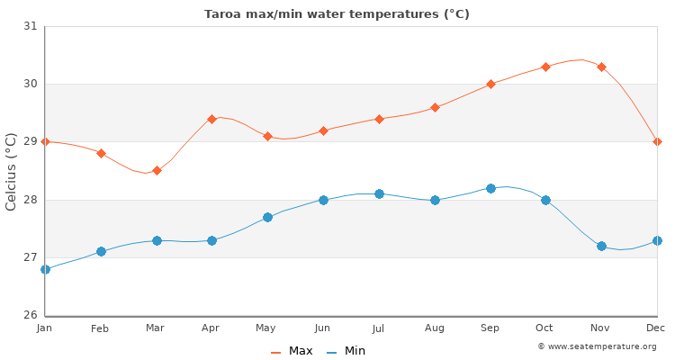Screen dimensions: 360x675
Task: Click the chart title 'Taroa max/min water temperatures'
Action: point(337,14)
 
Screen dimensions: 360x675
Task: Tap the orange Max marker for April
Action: point(211,119)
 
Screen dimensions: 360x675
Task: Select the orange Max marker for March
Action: point(157,170)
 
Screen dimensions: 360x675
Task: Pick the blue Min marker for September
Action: point(490,188)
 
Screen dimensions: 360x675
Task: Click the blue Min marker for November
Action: point(601,246)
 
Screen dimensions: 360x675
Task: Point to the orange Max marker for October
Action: point(545,67)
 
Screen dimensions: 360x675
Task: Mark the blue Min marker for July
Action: point(379,193)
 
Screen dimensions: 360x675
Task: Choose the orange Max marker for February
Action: point(101,153)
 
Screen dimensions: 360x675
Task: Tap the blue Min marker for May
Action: point(267,217)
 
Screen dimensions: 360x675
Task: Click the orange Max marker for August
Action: point(435,107)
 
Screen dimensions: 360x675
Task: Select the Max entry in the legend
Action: point(292,351)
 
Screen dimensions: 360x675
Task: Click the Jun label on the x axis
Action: point(323,328)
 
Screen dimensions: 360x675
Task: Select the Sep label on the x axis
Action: point(490,328)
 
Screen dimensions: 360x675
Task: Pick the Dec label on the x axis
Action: point(655,328)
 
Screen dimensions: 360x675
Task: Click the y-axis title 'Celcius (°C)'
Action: point(12,171)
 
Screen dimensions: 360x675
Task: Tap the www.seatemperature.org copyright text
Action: point(597,346)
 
